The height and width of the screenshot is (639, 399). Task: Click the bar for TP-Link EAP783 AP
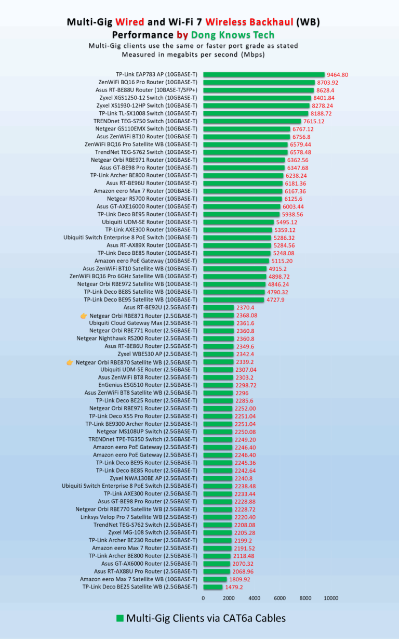[263, 74]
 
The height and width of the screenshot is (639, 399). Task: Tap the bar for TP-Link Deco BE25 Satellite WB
[212, 587]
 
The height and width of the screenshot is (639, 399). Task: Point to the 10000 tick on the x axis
[331, 598]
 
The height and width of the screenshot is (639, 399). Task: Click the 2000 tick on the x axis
[229, 598]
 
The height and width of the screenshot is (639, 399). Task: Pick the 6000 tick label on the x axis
[280, 598]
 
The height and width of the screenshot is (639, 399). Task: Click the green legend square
[119, 618]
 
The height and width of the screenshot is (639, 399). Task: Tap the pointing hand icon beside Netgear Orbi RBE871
[84, 316]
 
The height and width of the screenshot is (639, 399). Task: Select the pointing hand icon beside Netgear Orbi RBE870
[70, 362]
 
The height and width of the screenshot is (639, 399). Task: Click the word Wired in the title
[130, 22]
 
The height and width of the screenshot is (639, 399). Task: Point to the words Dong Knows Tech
[223, 35]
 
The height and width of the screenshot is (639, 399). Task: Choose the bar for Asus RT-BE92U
[218, 307]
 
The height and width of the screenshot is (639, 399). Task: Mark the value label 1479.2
[233, 588]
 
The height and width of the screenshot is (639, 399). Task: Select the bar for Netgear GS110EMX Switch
[246, 129]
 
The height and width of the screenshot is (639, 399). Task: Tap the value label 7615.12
[313, 121]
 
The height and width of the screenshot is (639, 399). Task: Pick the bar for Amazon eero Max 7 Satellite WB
[215, 579]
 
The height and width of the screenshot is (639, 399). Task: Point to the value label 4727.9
[275, 300]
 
